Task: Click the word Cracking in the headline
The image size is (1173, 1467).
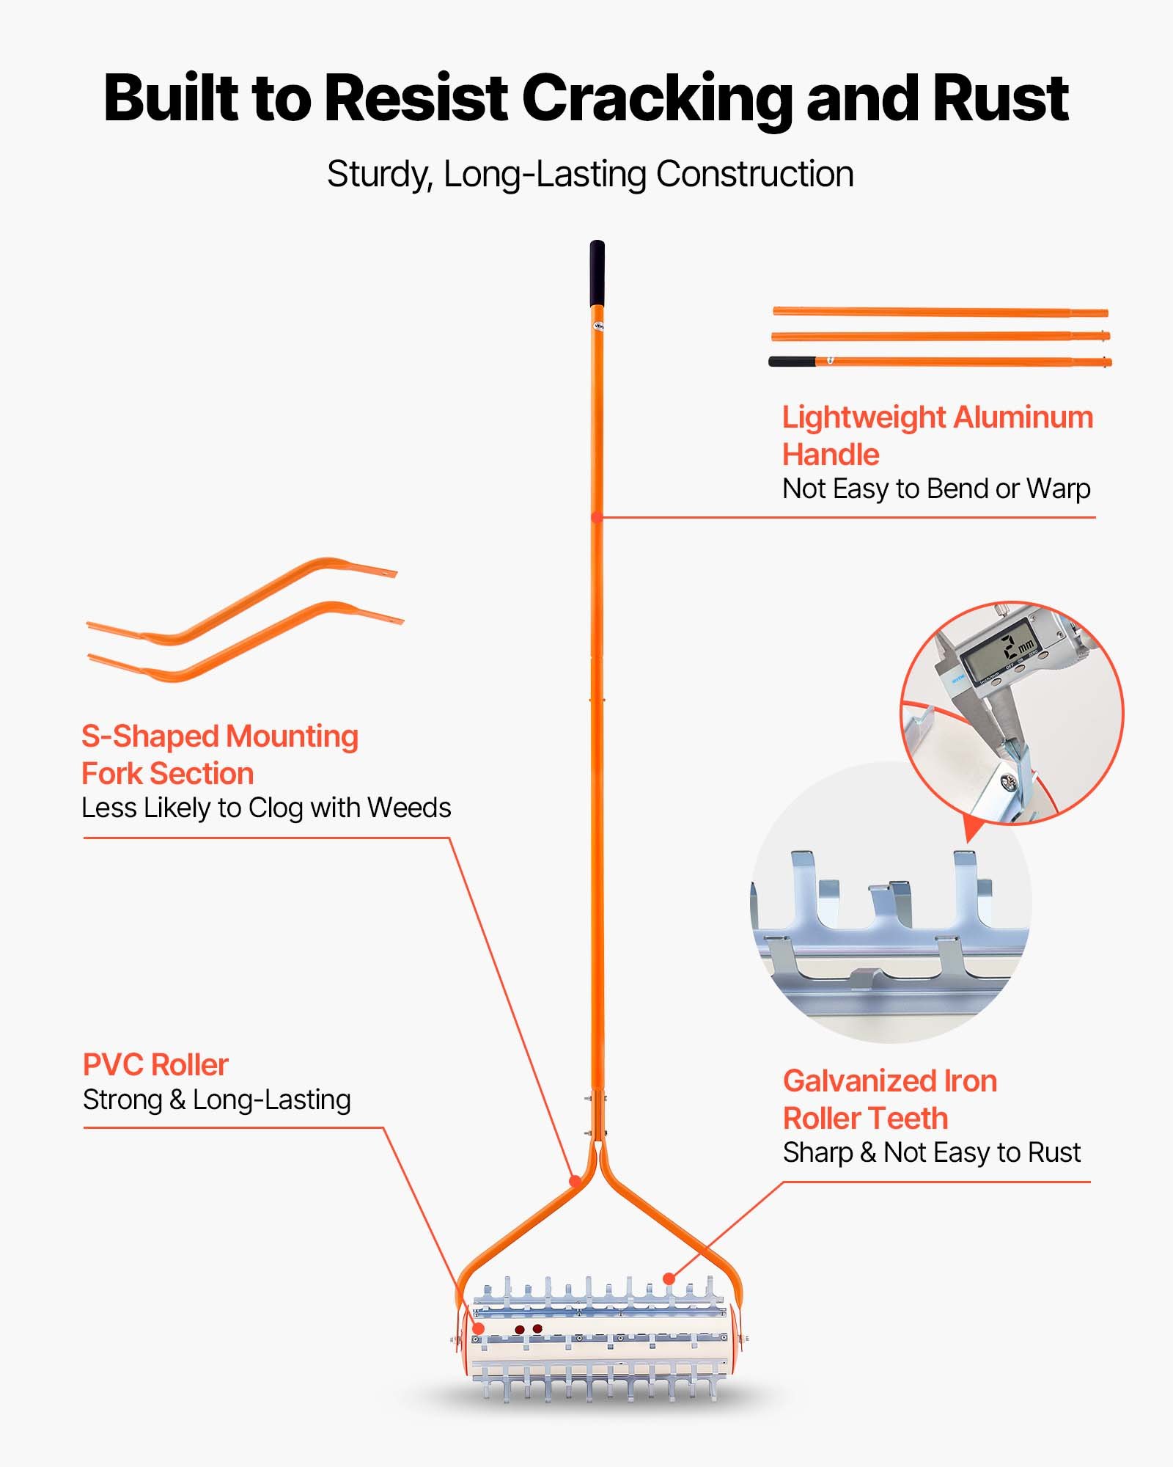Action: (657, 99)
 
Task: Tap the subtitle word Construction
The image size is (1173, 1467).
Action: (754, 175)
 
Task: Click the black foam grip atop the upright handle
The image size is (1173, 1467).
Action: (597, 273)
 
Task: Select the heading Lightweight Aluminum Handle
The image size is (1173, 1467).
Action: (937, 436)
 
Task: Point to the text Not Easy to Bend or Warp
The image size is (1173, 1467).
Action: (936, 489)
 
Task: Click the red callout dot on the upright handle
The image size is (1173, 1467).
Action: (597, 517)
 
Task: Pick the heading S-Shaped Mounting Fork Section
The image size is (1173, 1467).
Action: (220, 755)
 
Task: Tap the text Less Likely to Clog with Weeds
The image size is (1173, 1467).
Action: (266, 808)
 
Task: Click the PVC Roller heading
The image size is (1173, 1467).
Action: (155, 1065)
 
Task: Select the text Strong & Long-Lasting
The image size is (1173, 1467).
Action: (217, 1100)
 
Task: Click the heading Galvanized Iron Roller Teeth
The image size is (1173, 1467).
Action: (890, 1100)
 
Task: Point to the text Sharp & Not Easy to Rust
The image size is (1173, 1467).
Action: (932, 1153)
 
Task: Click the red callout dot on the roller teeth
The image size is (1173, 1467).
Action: (669, 1279)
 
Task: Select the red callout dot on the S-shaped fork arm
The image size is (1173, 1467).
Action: (576, 1181)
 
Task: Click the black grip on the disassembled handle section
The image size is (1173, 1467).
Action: (792, 362)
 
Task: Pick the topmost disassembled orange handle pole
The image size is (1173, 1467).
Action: (941, 312)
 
